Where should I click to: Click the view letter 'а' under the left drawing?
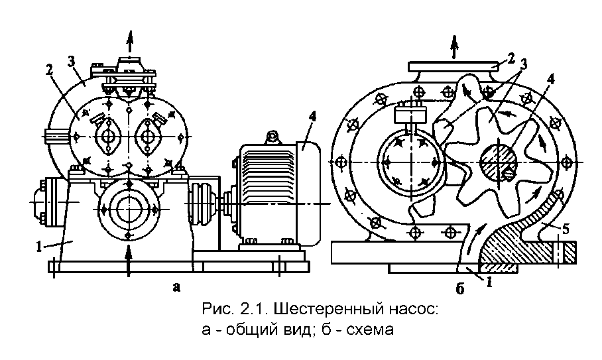pos(175,286)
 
